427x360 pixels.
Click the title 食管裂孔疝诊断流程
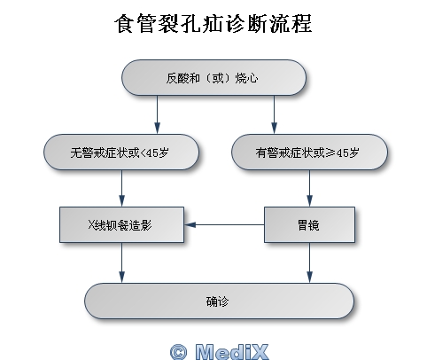[x=213, y=23]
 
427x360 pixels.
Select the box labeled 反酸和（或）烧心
[x=213, y=78]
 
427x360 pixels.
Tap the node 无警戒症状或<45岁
[x=121, y=153]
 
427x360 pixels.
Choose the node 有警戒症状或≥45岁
[x=309, y=153]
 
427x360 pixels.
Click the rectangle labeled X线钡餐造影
[x=121, y=225]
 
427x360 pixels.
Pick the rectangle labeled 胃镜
[x=309, y=225]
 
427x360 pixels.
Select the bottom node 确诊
[x=219, y=301]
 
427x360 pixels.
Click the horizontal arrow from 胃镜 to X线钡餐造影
[x=224, y=225]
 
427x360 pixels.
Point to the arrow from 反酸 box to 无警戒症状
[x=157, y=114]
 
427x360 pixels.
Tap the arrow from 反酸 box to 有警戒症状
[x=274, y=114]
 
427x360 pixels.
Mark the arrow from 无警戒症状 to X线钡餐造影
[x=121, y=188]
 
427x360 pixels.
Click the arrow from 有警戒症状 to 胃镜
[x=309, y=188]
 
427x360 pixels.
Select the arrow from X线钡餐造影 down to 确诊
[x=121, y=262]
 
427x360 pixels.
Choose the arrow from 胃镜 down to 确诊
[x=309, y=262]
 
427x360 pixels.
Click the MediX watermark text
[x=232, y=352]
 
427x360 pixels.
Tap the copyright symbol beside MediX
[x=179, y=352]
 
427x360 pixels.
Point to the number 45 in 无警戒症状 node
[x=152, y=153]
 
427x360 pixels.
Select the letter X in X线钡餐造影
[x=91, y=225]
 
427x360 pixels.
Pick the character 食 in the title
[x=124, y=24]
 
